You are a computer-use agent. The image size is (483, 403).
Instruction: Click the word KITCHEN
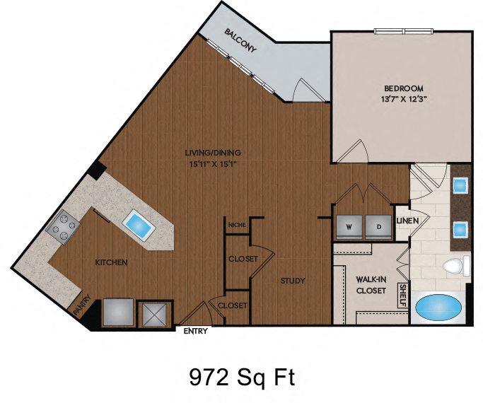point(111,263)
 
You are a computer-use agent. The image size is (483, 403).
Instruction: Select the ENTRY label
point(195,330)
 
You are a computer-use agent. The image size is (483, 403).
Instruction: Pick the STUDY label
point(292,281)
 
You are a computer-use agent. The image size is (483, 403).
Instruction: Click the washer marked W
point(349,227)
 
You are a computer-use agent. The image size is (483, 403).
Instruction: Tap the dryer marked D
point(378,227)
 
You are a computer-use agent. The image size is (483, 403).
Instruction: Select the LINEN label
point(408,221)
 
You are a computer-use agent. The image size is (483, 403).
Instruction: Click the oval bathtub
point(436,308)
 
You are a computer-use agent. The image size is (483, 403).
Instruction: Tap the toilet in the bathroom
point(455,267)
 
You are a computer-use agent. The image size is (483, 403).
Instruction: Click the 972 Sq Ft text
point(241,378)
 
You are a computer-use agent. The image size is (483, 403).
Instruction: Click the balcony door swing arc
point(308,89)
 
